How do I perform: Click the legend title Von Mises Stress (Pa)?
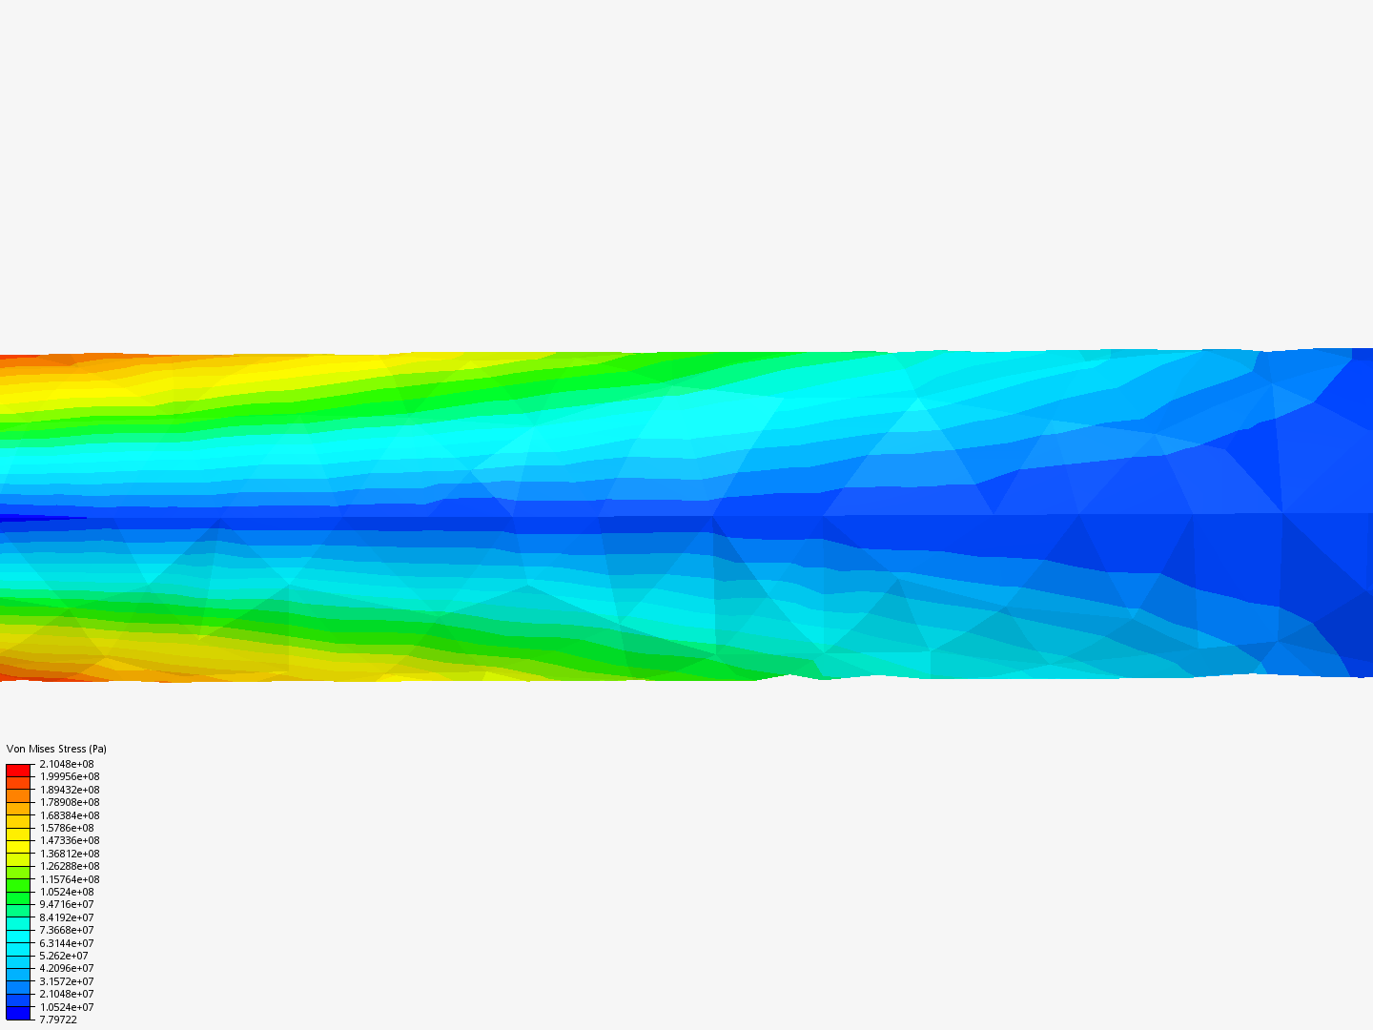click(56, 749)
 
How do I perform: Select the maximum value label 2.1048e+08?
click(67, 764)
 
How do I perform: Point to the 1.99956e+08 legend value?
click(70, 776)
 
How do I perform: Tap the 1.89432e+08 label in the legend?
click(70, 790)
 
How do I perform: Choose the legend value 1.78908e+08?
click(70, 802)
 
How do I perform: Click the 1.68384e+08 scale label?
click(70, 815)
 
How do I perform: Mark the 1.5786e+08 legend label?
click(67, 828)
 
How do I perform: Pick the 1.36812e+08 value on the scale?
click(70, 854)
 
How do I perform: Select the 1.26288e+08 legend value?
click(70, 866)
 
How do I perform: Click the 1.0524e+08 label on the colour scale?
click(67, 892)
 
